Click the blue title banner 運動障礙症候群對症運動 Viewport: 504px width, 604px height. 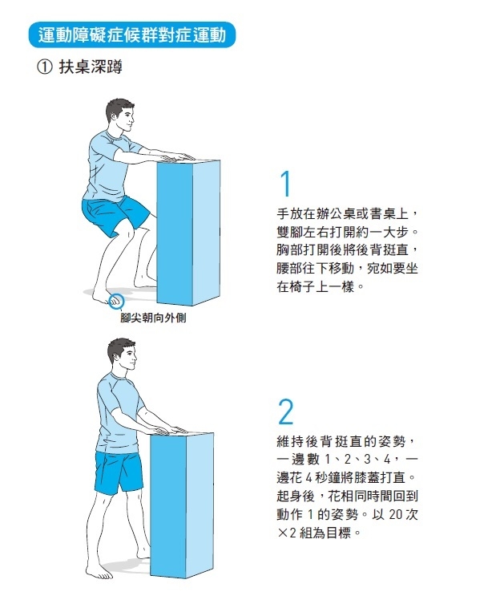tap(131, 35)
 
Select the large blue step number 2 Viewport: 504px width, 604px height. tap(286, 411)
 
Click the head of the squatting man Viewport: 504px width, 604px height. tap(120, 119)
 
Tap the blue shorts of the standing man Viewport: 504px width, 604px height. tap(119, 473)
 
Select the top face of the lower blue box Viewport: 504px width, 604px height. tap(186, 435)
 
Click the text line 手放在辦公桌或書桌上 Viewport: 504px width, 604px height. tap(347, 215)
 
